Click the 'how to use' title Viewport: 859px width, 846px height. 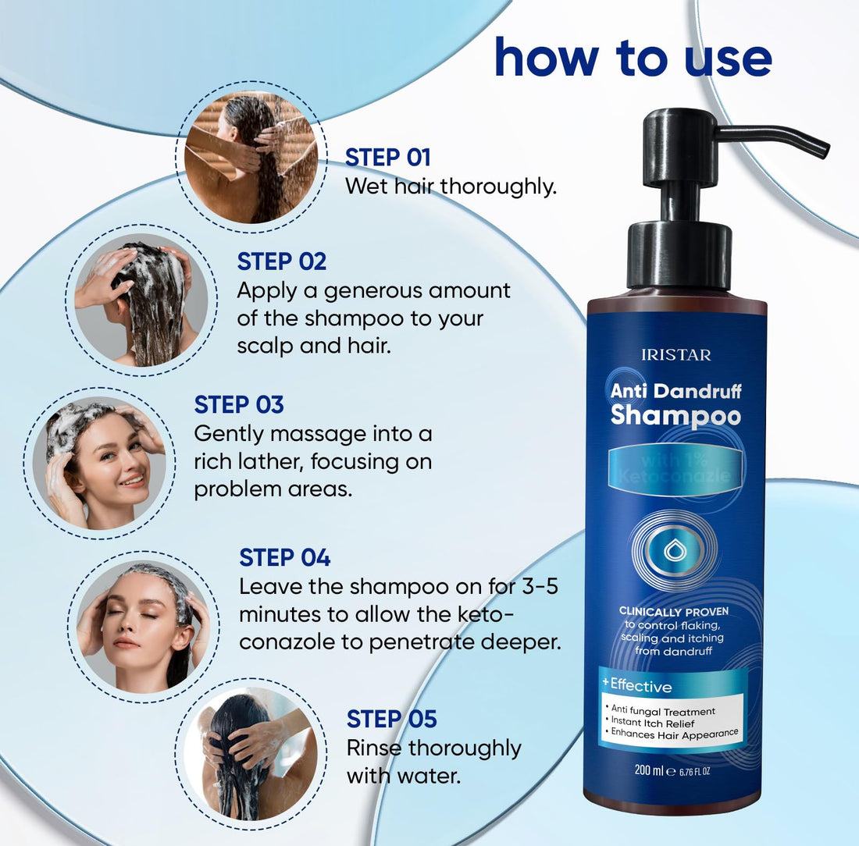[633, 58]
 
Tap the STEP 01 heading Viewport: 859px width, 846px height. [388, 157]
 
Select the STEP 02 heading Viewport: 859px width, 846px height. [282, 261]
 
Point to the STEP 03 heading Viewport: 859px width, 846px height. [239, 404]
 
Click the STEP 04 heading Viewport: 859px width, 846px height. [285, 557]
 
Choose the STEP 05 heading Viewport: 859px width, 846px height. [391, 718]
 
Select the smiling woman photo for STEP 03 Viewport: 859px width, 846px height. [98, 464]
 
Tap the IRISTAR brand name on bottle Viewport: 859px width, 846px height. [675, 355]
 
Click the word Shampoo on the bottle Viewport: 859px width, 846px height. [675, 415]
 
